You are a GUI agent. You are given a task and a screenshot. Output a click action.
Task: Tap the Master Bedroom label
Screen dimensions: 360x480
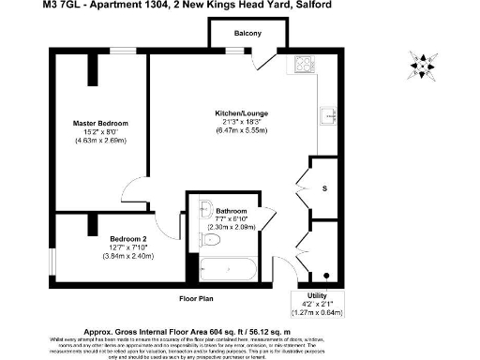100,124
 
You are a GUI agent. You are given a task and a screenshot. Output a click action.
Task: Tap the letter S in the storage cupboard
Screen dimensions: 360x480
324,188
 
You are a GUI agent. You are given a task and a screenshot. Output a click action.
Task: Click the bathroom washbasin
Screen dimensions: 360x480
205,207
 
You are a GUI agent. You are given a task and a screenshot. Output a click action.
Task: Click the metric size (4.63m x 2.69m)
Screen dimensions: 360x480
100,141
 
